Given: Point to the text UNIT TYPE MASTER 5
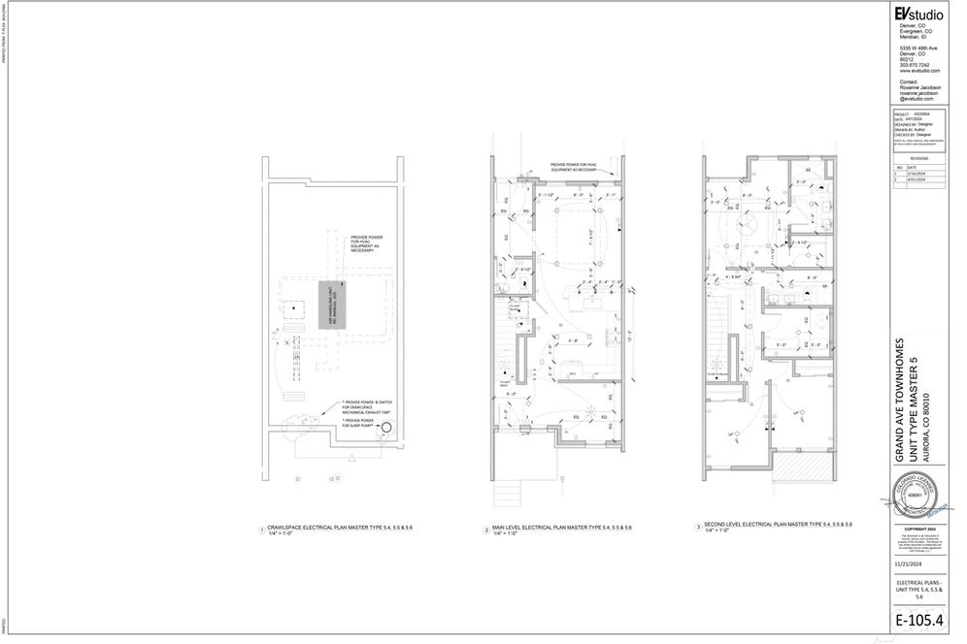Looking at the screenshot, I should [914, 393].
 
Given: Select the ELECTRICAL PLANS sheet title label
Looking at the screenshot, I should [917, 583].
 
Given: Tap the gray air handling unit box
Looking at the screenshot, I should [332, 306].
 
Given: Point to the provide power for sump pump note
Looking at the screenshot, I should [364, 424].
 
